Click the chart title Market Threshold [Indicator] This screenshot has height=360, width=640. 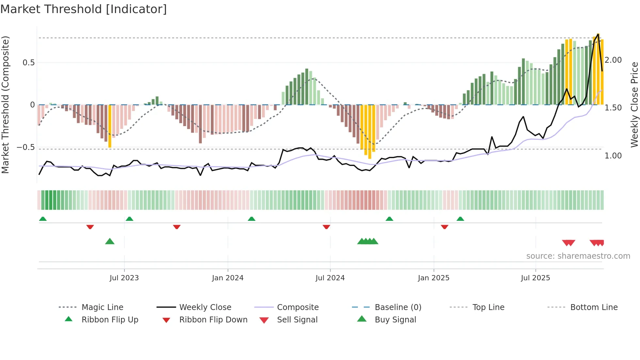click(x=84, y=9)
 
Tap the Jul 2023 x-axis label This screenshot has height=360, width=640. click(x=124, y=278)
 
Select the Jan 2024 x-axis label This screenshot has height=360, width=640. click(x=228, y=278)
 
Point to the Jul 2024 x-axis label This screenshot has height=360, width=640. click(x=330, y=278)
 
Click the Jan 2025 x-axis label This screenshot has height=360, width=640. click(x=433, y=278)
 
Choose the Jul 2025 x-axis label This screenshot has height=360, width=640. click(x=535, y=278)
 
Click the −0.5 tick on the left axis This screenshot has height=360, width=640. click(x=25, y=147)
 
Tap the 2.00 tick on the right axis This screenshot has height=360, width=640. click(x=613, y=60)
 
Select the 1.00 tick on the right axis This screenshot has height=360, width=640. click(x=613, y=156)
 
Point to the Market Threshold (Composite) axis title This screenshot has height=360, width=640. click(x=5, y=105)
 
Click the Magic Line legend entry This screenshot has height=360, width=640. click(x=102, y=307)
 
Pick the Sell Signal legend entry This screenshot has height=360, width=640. click(x=297, y=320)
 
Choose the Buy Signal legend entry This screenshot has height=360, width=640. click(x=395, y=320)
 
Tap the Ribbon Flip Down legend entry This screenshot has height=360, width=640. click(x=213, y=320)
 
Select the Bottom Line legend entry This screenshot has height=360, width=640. click(x=594, y=307)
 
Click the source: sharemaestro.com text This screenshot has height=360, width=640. click(x=578, y=256)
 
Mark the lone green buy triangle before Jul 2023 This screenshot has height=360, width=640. click(x=110, y=242)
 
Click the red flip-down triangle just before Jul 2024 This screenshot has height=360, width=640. click(x=326, y=227)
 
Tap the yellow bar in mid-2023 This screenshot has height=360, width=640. click(x=110, y=126)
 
